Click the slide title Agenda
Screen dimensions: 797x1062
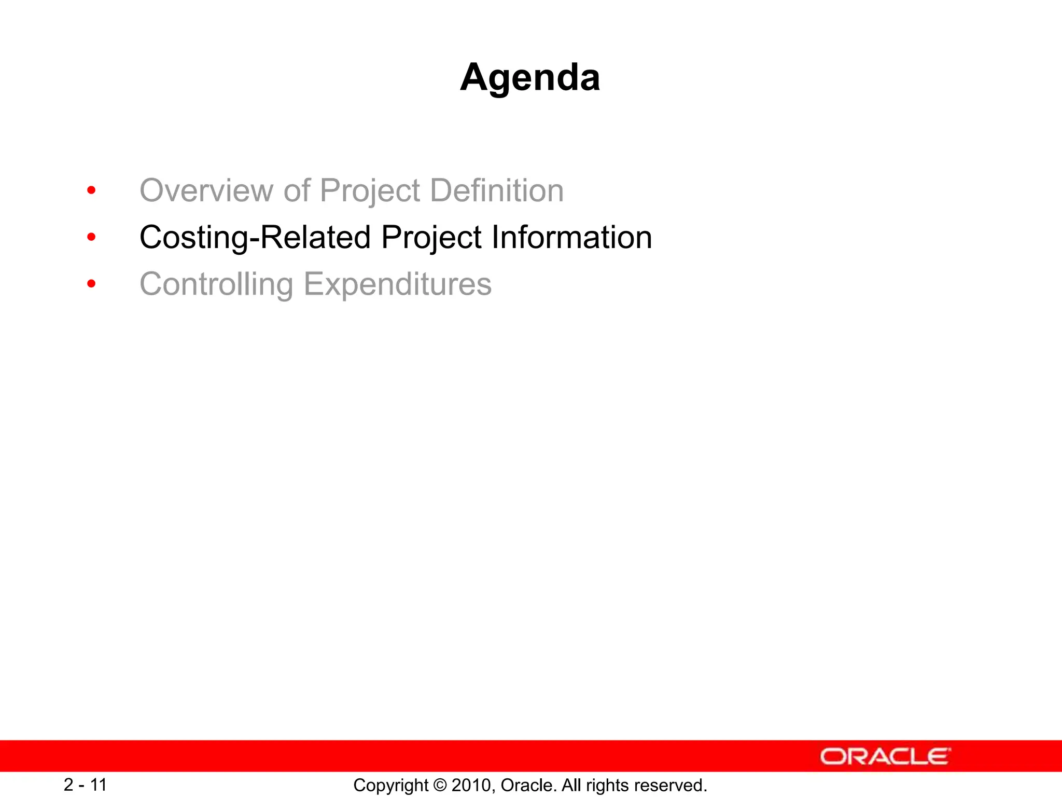[530, 77]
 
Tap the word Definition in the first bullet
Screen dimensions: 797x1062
[497, 190]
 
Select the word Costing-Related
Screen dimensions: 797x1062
[255, 237]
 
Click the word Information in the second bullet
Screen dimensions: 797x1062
[571, 237]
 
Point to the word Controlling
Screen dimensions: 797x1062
[216, 284]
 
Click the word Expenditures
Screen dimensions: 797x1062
[397, 284]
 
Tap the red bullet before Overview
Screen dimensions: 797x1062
[91, 190]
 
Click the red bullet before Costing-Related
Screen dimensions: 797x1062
[91, 238]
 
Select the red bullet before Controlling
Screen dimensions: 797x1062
[91, 284]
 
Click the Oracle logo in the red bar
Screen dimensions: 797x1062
[885, 757]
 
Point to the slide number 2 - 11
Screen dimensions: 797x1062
[85, 785]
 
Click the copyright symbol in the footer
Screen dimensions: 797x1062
[440, 785]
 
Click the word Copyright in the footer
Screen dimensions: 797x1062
[391, 785]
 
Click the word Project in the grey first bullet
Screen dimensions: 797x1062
[370, 190]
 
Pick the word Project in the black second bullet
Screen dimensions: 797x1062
[431, 237]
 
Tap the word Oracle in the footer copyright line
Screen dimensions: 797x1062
[528, 785]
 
